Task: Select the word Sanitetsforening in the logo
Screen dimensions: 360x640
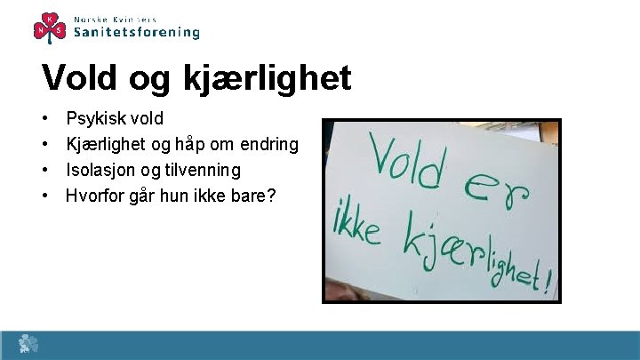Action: (x=136, y=32)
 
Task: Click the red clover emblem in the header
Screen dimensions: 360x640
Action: (x=50, y=26)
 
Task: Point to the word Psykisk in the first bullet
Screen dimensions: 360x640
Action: (x=97, y=119)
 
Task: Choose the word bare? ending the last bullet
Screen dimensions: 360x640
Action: (x=253, y=195)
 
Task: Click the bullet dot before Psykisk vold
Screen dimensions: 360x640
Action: (x=44, y=119)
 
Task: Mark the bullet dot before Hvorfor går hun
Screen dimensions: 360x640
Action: (x=44, y=195)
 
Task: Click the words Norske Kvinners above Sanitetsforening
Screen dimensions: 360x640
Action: (x=116, y=19)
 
